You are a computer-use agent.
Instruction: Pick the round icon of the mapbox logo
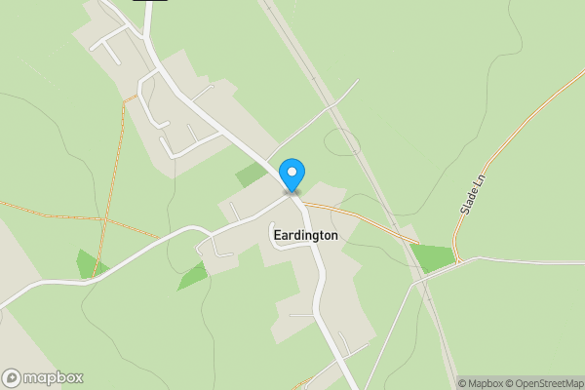click(x=12, y=378)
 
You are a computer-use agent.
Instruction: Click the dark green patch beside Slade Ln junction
click(x=433, y=257)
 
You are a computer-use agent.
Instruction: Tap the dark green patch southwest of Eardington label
click(x=192, y=277)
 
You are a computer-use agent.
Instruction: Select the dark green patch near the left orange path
click(x=91, y=263)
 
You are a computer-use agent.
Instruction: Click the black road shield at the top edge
click(x=149, y=1)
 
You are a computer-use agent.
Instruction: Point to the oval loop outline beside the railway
click(x=343, y=142)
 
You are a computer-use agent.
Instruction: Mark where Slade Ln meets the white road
click(x=456, y=260)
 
